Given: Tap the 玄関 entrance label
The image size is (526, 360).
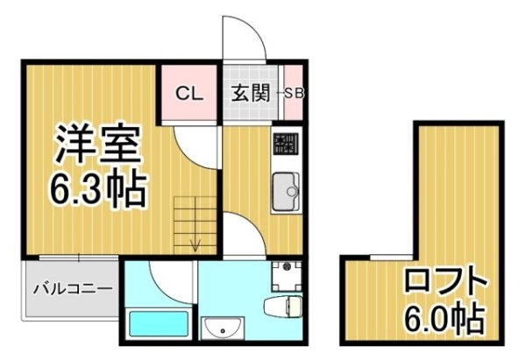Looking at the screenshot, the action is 251,93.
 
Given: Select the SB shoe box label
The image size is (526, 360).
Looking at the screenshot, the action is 294,93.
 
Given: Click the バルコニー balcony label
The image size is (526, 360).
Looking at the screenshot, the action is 72,288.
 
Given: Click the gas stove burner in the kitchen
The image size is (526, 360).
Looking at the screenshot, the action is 286,144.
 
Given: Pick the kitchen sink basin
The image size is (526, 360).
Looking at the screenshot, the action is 286,191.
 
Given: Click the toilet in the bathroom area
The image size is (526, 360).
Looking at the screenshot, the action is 282,307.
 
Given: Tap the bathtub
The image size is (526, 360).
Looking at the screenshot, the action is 159,324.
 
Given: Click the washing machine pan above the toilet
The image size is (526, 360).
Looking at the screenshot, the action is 287,277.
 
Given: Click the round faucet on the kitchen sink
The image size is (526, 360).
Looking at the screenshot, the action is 292,192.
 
